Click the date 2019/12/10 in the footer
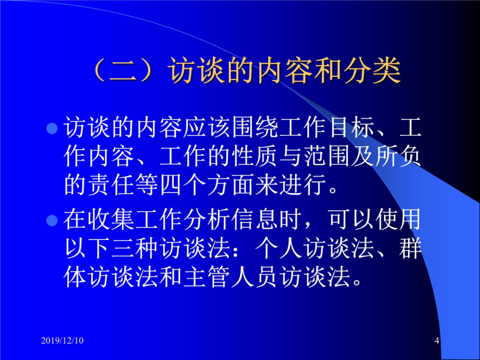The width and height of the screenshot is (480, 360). [62, 340]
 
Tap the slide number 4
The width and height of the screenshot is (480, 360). [437, 340]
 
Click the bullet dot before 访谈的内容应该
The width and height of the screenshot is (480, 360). [52, 128]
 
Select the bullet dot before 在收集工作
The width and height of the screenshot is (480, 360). [52, 220]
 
